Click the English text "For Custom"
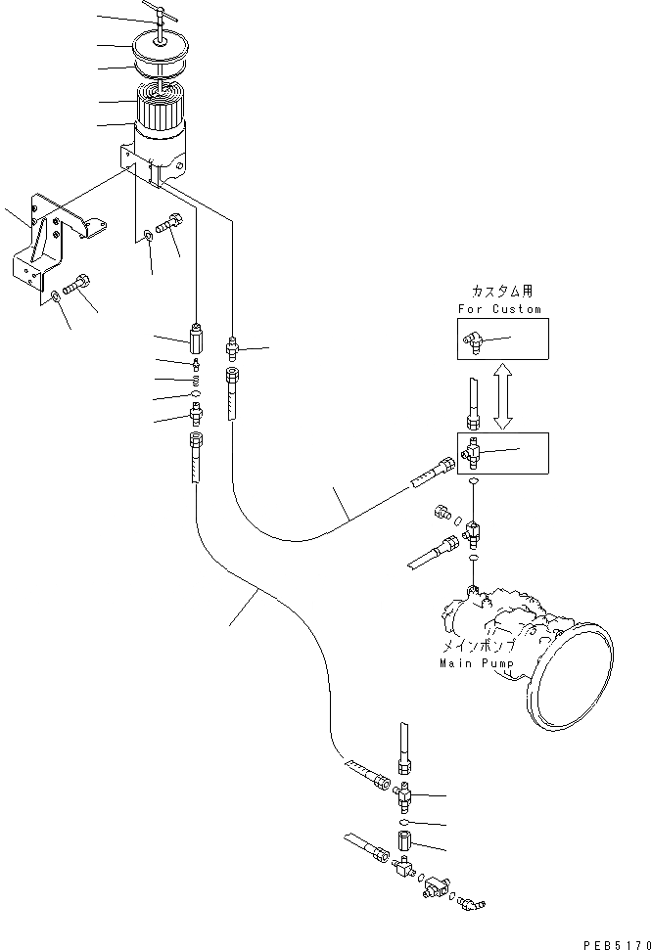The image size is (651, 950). (498, 309)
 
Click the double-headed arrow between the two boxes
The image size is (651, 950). (503, 396)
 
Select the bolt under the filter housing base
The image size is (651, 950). (170, 234)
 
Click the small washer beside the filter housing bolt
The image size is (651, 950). (146, 234)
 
